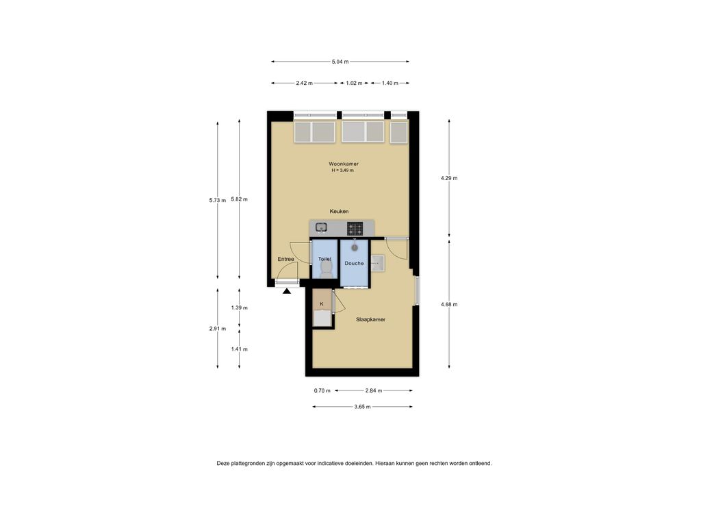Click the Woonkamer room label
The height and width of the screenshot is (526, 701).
(x=344, y=164)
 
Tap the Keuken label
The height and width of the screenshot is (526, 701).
(x=339, y=211)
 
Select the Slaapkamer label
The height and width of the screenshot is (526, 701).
(x=370, y=319)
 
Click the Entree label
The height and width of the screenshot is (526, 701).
(x=285, y=259)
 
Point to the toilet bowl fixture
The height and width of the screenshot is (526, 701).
(x=327, y=268)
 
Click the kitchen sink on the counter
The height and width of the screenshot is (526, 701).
(x=321, y=227)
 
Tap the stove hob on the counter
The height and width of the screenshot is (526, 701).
(x=355, y=229)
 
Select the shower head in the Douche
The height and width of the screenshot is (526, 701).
(x=355, y=247)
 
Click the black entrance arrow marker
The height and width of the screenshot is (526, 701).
(x=287, y=291)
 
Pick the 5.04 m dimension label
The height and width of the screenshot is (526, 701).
(x=340, y=62)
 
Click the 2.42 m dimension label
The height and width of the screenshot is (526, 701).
(x=304, y=83)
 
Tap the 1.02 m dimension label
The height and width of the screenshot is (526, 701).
(x=354, y=83)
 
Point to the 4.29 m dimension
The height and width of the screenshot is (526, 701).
(x=449, y=178)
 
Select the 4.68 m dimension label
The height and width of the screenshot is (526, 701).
(x=449, y=305)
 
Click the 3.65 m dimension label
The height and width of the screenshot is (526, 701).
(x=362, y=407)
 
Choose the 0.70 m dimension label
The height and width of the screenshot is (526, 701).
(x=322, y=391)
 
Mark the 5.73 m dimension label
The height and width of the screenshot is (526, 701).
(x=217, y=201)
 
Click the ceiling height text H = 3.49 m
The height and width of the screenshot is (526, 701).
(x=342, y=171)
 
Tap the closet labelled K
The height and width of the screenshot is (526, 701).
(x=322, y=308)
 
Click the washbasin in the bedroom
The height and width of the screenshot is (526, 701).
(x=378, y=264)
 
